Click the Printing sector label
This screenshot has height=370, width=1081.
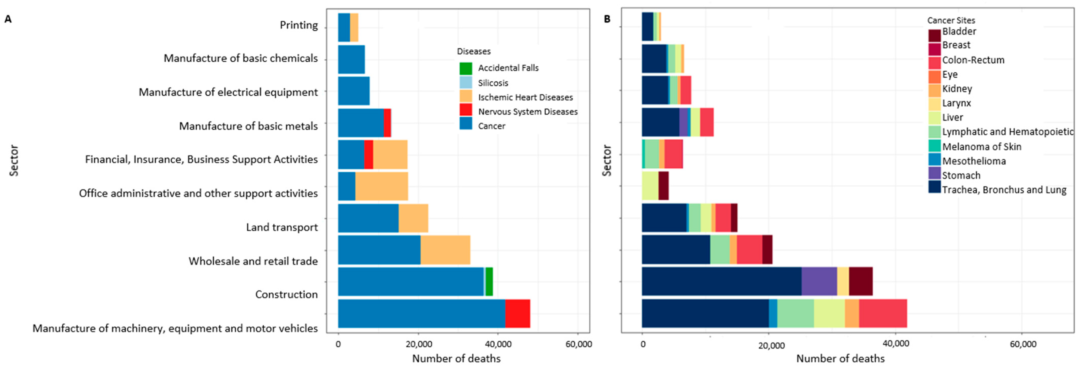tap(299, 25)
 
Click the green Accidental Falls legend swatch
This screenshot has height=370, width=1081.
tap(466, 68)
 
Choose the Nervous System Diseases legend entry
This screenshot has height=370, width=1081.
tap(528, 112)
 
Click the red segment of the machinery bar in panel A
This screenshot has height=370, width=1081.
tap(517, 313)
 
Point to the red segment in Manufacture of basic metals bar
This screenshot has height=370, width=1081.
tap(387, 123)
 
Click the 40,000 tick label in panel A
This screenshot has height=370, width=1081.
tap(498, 344)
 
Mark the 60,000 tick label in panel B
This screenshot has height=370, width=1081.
tap(1023, 344)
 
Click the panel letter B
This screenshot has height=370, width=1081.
tap(607, 19)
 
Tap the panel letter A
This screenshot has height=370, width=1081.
tap(8, 19)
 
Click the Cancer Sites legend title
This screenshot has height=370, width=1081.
tap(951, 20)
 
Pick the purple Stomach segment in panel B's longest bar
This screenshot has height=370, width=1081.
tap(819, 281)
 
